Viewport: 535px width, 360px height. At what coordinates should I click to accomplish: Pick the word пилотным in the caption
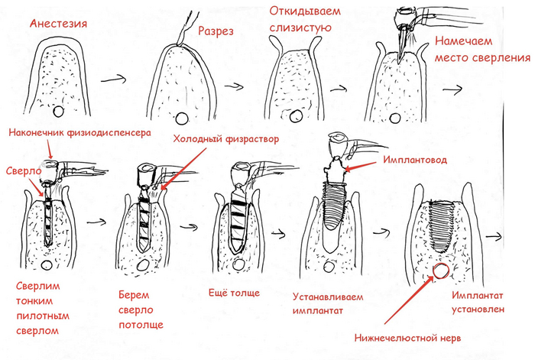pyautogui.click(x=41, y=315)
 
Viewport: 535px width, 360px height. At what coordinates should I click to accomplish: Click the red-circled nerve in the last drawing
pyautogui.click(x=441, y=271)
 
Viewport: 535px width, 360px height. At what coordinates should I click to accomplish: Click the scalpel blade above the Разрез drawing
pyautogui.click(x=180, y=31)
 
